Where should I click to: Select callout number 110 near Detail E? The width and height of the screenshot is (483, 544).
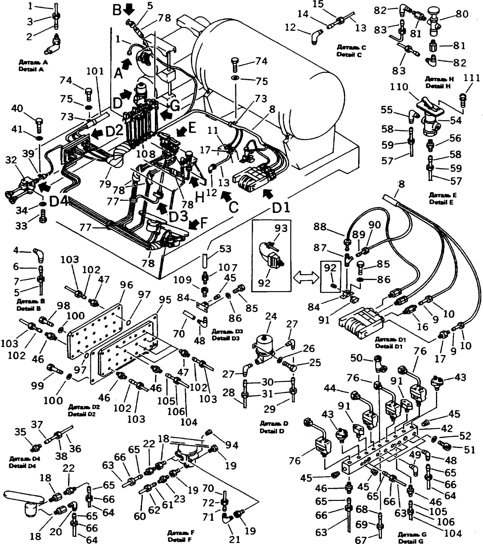point(399,87)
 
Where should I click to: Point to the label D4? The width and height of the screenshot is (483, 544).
point(59,202)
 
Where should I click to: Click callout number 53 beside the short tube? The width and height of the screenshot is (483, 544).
point(225,249)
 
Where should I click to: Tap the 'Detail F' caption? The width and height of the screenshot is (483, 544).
point(181,540)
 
